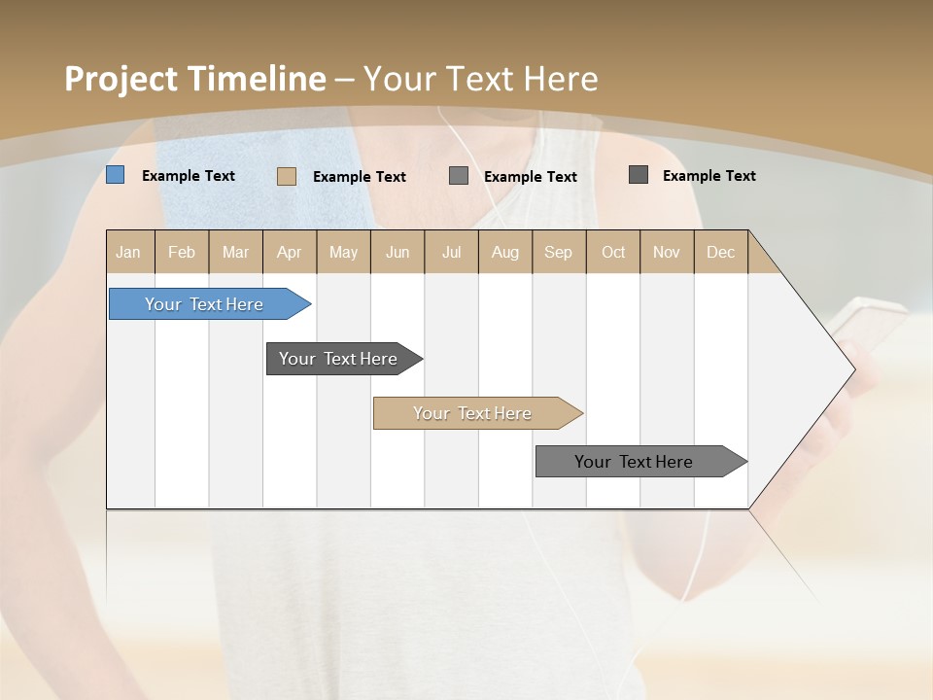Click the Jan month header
tap(129, 252)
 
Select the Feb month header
tap(182, 252)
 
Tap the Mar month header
tap(235, 252)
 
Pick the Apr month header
tap(290, 252)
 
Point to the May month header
tap(343, 252)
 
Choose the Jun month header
tap(397, 252)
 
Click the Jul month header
tap(451, 252)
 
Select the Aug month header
tap(505, 252)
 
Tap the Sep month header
tap(559, 252)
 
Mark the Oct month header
tap(613, 252)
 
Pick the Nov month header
tap(667, 252)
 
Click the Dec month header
tap(721, 252)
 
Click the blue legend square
tap(116, 175)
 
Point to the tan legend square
tap(287, 176)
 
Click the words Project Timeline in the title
tap(195, 79)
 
